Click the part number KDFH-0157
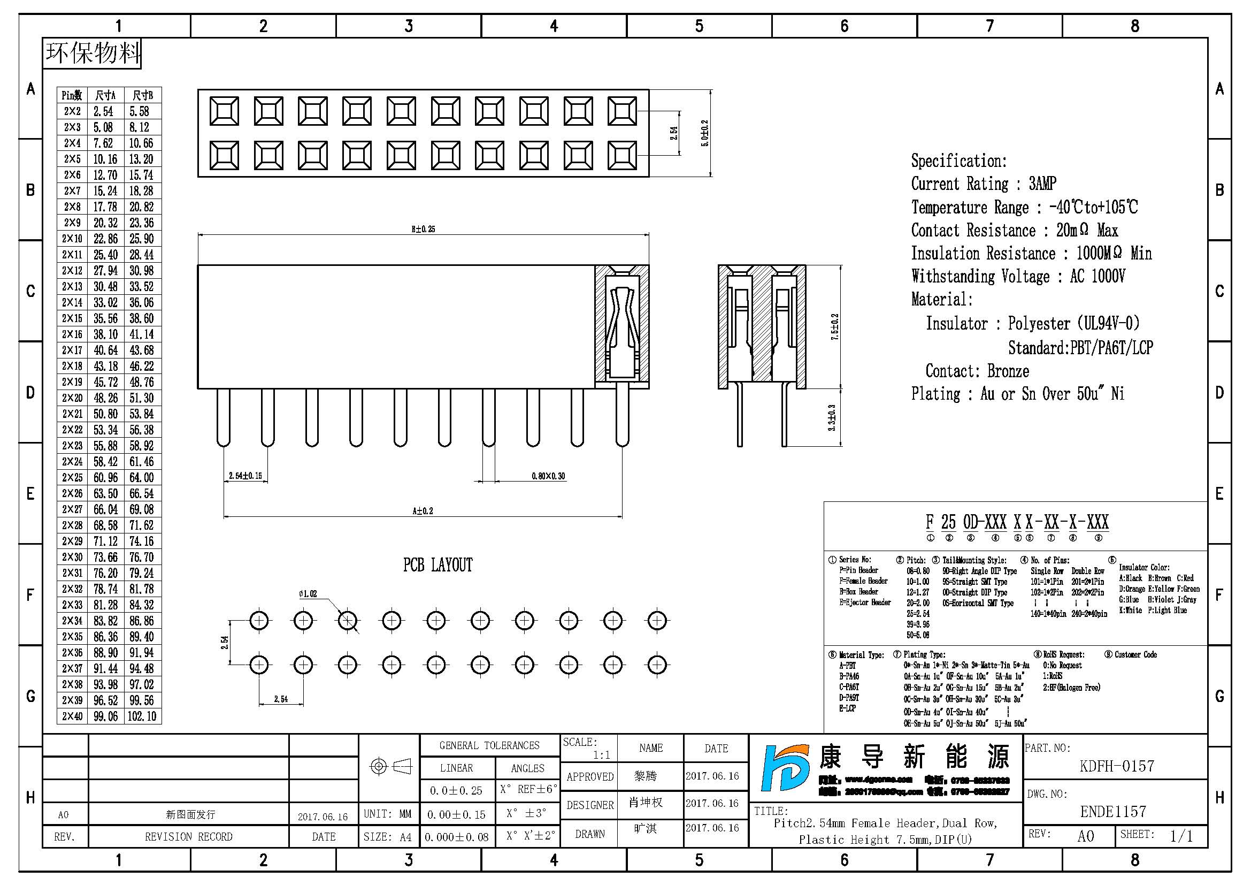pos(1116,766)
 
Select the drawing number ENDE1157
pos(1113,812)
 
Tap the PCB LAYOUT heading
pos(438,565)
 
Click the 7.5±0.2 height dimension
pos(834,327)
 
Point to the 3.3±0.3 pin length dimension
pos(832,417)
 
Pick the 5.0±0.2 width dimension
pos(705,133)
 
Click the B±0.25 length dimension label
pos(423,229)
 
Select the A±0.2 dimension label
pos(423,510)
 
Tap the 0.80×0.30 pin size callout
pos(548,476)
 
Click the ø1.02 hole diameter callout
pos(308,593)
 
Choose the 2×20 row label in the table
pos(72,398)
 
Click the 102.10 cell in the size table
pos(142,716)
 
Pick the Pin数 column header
pos(71,95)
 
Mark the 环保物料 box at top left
pos(92,54)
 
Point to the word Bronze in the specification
pos(1008,371)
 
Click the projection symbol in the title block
pos(390,767)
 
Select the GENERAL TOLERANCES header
pos(489,745)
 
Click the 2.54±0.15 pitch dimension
pos(245,476)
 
